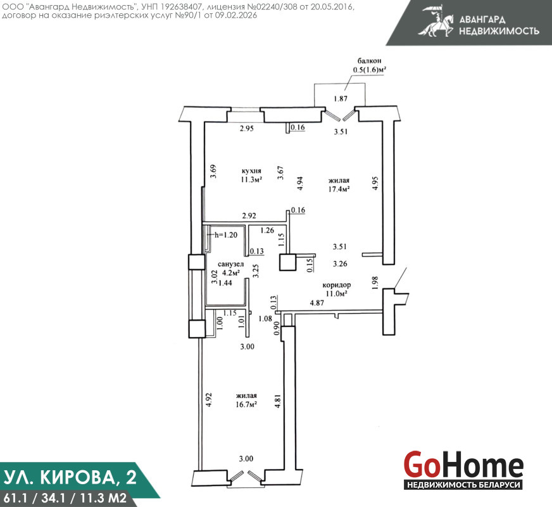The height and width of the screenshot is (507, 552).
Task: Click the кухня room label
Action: [x=251, y=171]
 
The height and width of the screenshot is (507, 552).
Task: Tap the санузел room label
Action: [x=230, y=264]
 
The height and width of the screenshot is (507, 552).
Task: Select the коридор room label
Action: [x=337, y=285]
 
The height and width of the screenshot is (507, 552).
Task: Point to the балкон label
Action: [x=369, y=61]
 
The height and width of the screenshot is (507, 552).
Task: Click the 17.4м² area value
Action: [x=339, y=189]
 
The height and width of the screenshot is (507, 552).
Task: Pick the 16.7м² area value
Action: [x=246, y=404]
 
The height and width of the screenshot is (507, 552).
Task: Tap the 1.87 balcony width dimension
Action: [x=341, y=99]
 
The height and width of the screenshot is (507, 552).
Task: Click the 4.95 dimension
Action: [x=375, y=184]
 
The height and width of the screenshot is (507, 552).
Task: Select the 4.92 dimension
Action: [x=209, y=401]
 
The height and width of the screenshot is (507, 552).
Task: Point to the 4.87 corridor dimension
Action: [x=317, y=303]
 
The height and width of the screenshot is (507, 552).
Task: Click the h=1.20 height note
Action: [x=226, y=235]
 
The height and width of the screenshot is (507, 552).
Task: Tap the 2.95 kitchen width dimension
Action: [x=246, y=129]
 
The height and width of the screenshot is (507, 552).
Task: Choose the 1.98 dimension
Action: [x=375, y=283]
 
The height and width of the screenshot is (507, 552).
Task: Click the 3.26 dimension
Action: [x=340, y=264]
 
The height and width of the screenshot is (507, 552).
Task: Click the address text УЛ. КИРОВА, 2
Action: [x=70, y=477]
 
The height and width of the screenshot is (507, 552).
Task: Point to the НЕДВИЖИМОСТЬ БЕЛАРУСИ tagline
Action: [x=463, y=485]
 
